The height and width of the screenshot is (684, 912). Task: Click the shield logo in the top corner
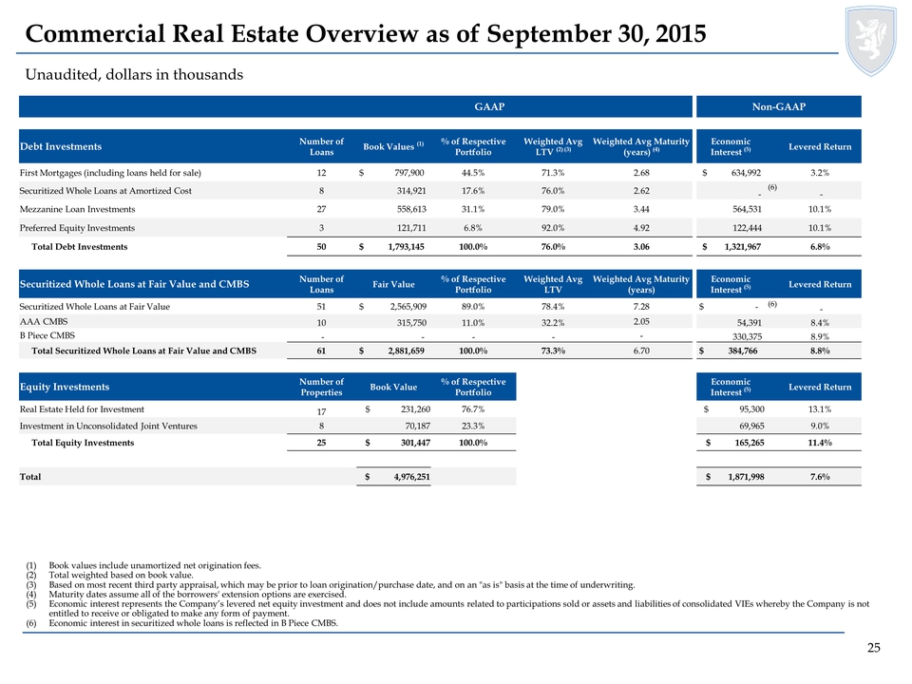pyautogui.click(x=871, y=41)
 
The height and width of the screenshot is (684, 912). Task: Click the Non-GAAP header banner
pyautogui.click(x=779, y=106)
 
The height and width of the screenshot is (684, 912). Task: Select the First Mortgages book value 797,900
pyautogui.click(x=408, y=173)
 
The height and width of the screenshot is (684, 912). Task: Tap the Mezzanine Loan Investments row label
pyautogui.click(x=77, y=209)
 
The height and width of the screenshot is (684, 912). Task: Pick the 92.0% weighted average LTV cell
pyautogui.click(x=553, y=228)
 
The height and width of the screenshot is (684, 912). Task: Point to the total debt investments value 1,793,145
pyautogui.click(x=406, y=247)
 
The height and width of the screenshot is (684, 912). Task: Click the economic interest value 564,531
pyautogui.click(x=747, y=209)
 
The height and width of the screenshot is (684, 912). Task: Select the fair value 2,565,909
pyautogui.click(x=408, y=307)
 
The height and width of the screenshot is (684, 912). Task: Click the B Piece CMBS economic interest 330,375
pyautogui.click(x=747, y=336)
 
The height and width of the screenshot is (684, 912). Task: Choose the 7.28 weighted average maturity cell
pyautogui.click(x=641, y=307)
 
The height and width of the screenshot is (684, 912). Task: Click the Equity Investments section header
pyautogui.click(x=65, y=387)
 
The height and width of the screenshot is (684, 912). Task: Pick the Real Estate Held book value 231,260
pyautogui.click(x=415, y=409)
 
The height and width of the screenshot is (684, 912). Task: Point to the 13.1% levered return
pyautogui.click(x=820, y=409)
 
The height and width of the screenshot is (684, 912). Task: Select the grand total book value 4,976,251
pyautogui.click(x=411, y=477)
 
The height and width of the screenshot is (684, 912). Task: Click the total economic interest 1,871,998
pyautogui.click(x=746, y=477)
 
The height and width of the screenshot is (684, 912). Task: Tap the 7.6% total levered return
pyautogui.click(x=820, y=477)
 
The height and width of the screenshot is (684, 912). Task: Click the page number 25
pyautogui.click(x=874, y=648)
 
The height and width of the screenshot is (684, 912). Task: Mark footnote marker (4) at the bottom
pyautogui.click(x=30, y=595)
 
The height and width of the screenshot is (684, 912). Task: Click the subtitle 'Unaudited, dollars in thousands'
pyautogui.click(x=134, y=75)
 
